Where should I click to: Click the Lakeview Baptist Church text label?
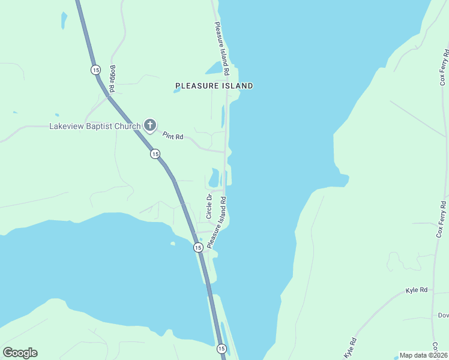pyautogui.click(x=94, y=126)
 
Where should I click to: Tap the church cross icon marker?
pyautogui.click(x=150, y=125)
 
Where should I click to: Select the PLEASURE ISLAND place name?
pyautogui.click(x=214, y=86)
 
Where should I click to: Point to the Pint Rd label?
pyautogui.click(x=172, y=137)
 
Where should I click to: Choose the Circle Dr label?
pyautogui.click(x=209, y=206)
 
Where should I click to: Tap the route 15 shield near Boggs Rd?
pyautogui.click(x=95, y=70)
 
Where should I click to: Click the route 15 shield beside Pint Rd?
pyautogui.click(x=155, y=154)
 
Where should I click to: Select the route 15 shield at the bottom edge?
pyautogui.click(x=221, y=349)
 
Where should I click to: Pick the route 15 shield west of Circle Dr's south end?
pyautogui.click(x=197, y=247)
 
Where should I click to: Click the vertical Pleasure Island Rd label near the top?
pyautogui.click(x=222, y=49)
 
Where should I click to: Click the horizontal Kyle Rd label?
pyautogui.click(x=416, y=290)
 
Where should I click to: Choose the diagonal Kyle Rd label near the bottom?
pyautogui.click(x=351, y=349)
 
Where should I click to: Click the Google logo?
pyautogui.click(x=20, y=353)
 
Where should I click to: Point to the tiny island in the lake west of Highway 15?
pyautogui.click(x=173, y=243)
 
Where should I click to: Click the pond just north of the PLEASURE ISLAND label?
pyautogui.click(x=214, y=67)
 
